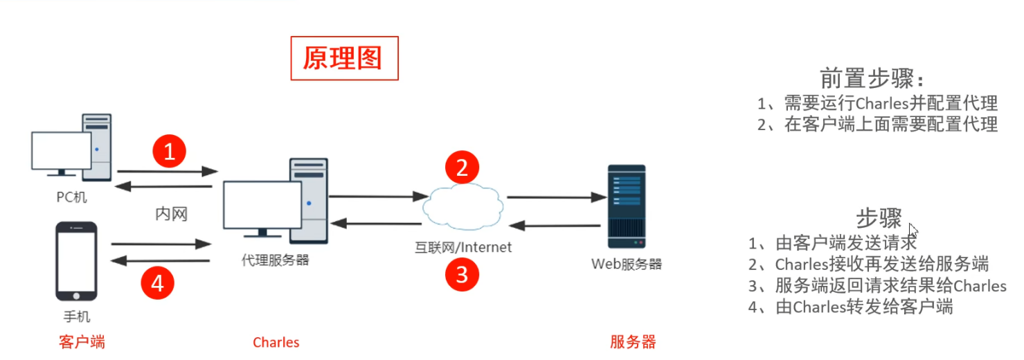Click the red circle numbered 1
170,150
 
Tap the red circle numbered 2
462,167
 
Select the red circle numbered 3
462,274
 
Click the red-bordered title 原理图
343,58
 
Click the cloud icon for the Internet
462,206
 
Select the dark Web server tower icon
626,206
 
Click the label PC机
72,197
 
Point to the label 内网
171,214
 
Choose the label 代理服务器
275,261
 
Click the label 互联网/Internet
463,247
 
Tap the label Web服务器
626,264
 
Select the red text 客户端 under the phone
82,341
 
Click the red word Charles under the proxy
276,342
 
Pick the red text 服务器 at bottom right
633,342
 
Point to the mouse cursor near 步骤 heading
913,230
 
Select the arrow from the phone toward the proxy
160,244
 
